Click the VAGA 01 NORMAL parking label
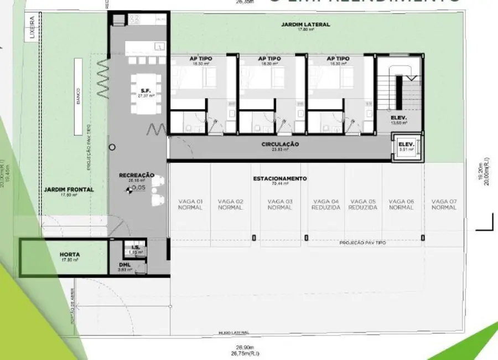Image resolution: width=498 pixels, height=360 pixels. pos(190,204)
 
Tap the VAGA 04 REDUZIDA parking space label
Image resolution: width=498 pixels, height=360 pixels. pos(326,204)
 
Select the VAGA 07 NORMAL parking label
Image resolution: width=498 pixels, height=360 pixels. pos(444,204)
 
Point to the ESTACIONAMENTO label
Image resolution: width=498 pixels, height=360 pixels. pos(280,179)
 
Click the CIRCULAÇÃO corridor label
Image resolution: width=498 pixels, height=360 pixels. pos(280,145)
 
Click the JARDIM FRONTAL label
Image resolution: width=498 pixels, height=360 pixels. pos(69,189)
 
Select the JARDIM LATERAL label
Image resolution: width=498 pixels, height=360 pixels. pos(305,25)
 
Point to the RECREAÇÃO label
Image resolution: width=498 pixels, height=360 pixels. pos(136,176)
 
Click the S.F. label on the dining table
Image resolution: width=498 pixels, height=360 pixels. pos(146,90)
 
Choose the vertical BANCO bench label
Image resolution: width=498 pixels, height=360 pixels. pos(79,97)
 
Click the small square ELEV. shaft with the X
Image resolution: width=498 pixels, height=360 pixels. pos(406,148)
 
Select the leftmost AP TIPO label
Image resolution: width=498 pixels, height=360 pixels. pos(200,59)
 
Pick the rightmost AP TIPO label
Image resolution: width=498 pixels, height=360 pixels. pos(338,59)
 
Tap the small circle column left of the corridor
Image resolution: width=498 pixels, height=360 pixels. pos(112,147)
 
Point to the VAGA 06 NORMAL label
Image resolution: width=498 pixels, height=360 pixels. pos(401,204)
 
